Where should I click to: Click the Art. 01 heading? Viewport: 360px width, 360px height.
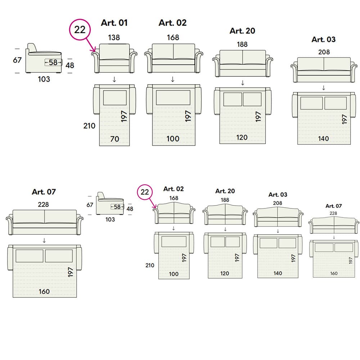114,23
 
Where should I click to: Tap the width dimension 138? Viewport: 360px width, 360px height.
114,37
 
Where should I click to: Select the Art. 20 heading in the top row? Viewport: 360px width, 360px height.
242,31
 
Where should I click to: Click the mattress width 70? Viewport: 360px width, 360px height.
114,139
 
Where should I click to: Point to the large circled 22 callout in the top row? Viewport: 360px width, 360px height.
80,30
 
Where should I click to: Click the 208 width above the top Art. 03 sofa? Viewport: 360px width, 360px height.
324,52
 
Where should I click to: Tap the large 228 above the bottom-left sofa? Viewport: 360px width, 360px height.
43,204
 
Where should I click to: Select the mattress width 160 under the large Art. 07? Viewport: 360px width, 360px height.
44,291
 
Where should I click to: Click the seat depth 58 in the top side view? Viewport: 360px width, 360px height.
53,62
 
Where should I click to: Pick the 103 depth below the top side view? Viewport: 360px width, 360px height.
44,79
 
